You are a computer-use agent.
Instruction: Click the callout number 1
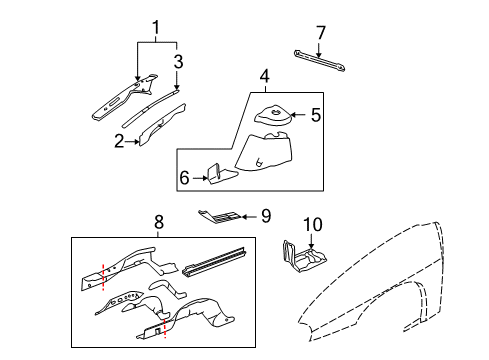coord(155,25)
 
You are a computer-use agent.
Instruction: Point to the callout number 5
coord(315,115)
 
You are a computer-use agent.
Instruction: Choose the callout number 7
coord(320,35)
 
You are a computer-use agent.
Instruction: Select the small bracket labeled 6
coord(217,176)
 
